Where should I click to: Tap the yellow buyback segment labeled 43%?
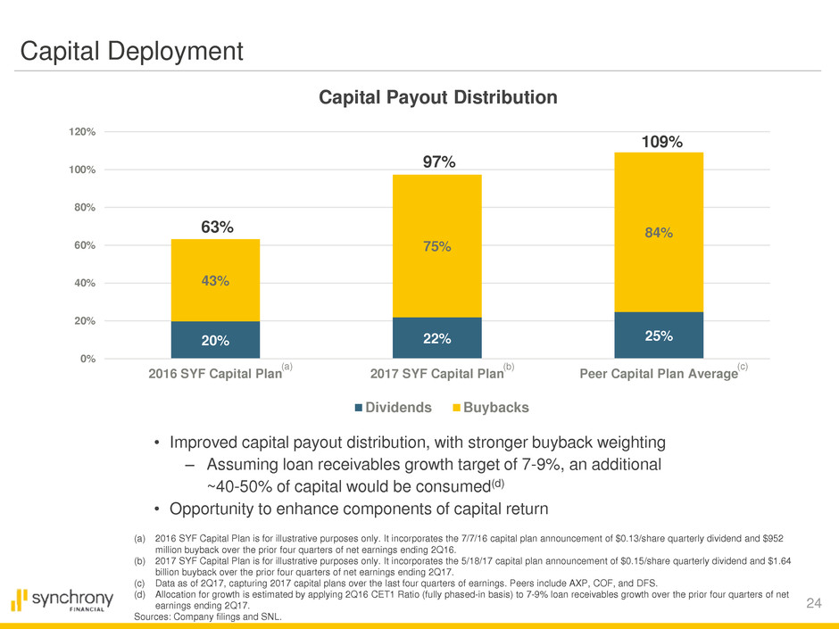point(215,280)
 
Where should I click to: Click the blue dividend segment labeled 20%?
point(215,340)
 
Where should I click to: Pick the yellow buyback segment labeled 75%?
point(437,246)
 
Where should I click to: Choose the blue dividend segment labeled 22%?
point(437,338)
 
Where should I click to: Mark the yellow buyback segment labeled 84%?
point(659,232)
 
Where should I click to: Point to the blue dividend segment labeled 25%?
point(659,335)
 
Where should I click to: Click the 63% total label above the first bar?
point(217,228)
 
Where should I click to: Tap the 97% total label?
point(438,161)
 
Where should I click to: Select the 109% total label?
point(663,142)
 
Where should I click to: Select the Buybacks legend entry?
point(489,408)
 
